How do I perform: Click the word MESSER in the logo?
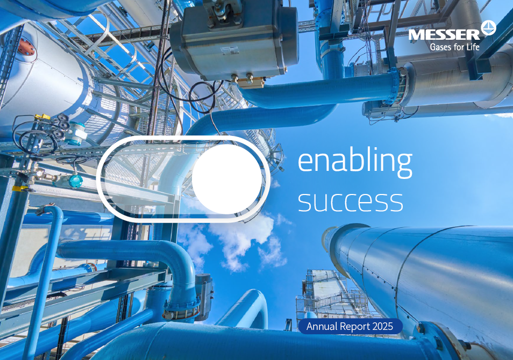[444, 35]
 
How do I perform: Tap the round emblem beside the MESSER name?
[489, 28]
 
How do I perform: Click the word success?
[350, 200]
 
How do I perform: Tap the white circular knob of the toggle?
[226, 179]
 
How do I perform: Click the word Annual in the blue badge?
[322, 326]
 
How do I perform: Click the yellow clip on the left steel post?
[18, 188]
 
